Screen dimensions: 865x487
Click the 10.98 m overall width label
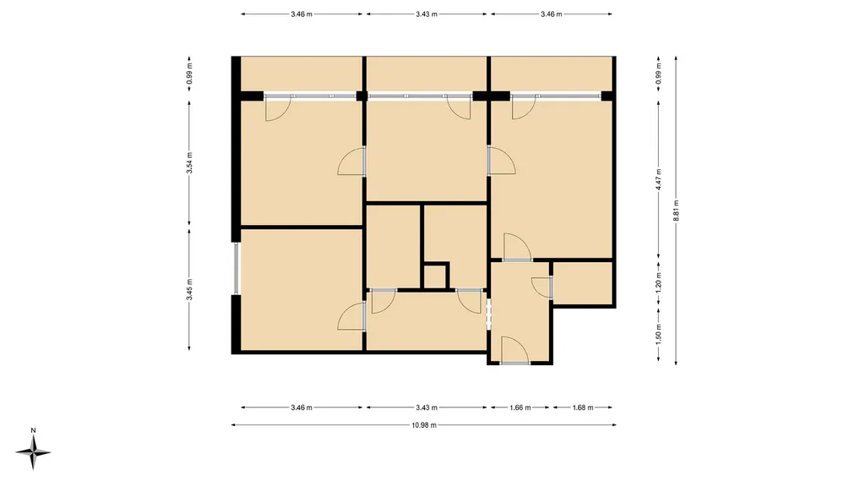424,425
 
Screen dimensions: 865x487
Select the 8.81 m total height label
677,211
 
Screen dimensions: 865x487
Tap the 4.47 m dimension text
659,179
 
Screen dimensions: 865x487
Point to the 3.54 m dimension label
189,163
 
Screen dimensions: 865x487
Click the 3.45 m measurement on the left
189,290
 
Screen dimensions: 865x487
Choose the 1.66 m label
520,408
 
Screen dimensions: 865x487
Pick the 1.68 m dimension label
583,408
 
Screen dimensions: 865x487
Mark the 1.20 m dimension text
659,283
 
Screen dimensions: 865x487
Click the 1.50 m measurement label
659,334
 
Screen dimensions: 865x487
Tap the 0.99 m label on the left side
189,74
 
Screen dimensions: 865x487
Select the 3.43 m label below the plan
427,408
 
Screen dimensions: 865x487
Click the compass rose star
33,452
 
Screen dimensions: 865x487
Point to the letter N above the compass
33,430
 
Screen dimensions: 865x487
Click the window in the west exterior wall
237,268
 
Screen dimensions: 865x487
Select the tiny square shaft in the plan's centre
435,276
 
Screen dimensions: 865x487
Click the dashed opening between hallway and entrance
488,315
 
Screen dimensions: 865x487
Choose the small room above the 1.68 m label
583,282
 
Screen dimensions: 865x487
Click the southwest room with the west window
302,289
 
